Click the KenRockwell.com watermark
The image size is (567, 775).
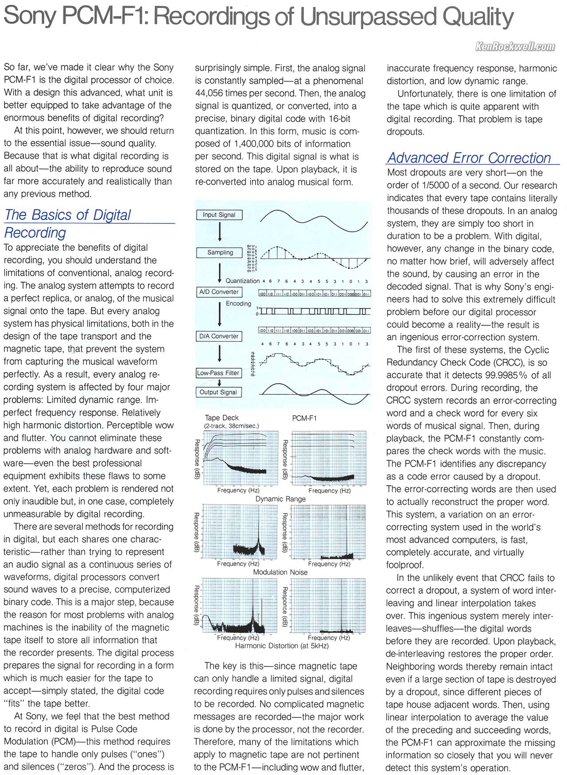515,47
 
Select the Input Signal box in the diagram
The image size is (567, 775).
219,215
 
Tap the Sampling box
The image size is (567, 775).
220,253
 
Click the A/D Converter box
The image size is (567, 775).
219,292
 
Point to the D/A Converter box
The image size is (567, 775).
219,336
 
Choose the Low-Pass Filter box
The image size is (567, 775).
218,373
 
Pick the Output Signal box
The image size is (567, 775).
218,392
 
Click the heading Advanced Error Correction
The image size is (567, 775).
469,158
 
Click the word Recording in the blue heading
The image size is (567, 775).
35,233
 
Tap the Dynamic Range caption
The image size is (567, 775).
280,499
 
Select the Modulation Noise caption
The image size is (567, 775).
280,572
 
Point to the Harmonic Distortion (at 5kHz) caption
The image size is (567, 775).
282,646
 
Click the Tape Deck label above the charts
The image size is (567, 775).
221,418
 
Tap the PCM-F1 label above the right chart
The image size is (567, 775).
304,418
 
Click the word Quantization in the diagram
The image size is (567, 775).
242,281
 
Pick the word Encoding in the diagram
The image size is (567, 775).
238,304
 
